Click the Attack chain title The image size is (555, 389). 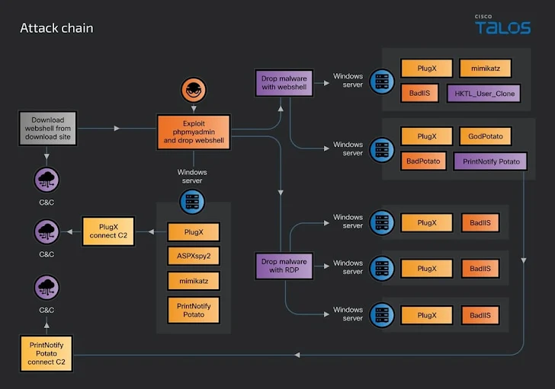click(56, 28)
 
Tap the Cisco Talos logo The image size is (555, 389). click(502, 25)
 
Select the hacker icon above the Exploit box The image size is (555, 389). click(193, 90)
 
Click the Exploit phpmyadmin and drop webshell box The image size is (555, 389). click(193, 130)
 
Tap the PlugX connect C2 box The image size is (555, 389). click(107, 230)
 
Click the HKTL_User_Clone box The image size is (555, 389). click(484, 94)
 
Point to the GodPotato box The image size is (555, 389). click(486, 137)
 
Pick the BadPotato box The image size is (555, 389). click(422, 161)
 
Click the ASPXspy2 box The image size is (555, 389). click(193, 257)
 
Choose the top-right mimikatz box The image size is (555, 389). click(486, 69)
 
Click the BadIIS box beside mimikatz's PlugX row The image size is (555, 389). click(419, 94)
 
